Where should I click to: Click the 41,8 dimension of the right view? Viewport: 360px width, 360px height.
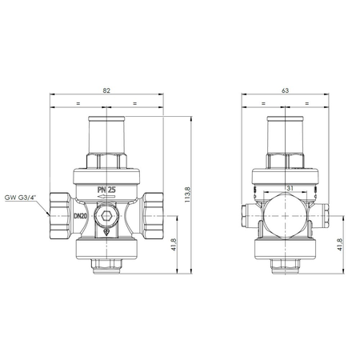[x=340, y=247]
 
